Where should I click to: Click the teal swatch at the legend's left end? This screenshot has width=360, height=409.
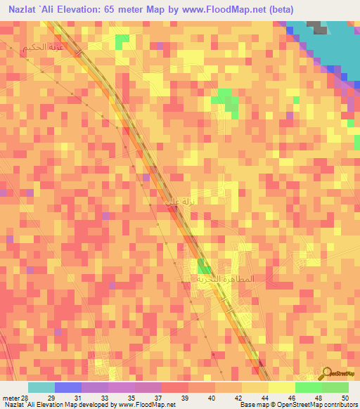tap(41, 387)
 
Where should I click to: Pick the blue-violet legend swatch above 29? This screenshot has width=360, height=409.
tap(67, 387)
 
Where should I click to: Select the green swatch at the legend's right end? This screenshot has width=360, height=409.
tap(335, 387)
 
